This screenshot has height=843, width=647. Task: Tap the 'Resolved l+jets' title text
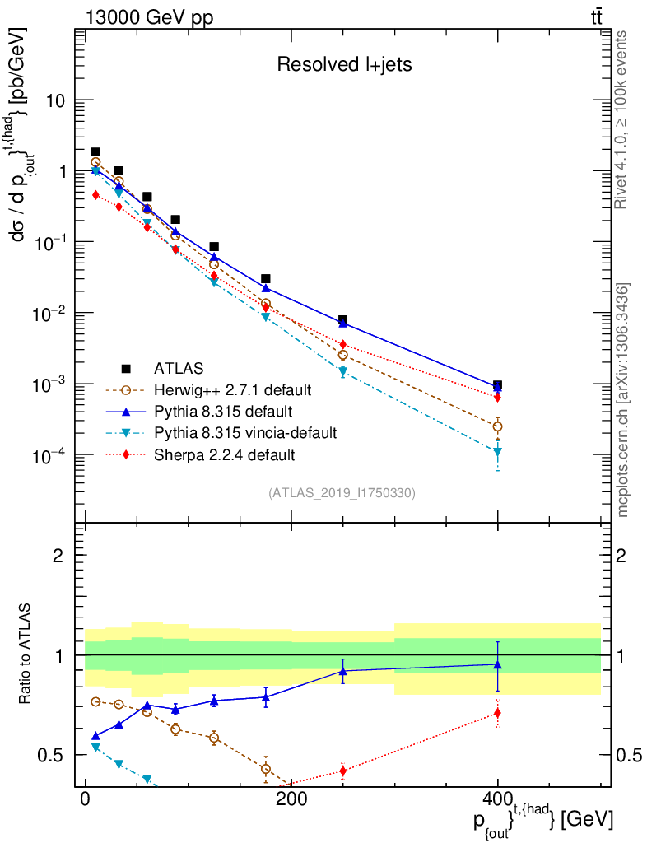pos(333,64)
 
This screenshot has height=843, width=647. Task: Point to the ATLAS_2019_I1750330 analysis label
pos(342,493)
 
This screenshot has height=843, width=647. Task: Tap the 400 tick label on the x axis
pos(497,800)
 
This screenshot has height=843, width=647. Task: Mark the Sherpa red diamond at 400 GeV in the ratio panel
pos(497,713)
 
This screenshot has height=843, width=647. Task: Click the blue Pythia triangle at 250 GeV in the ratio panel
pos(343,671)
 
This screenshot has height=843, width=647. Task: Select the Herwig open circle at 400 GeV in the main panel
pos(497,426)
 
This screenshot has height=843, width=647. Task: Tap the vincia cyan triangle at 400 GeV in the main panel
pos(497,452)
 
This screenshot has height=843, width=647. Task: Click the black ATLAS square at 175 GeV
pos(266,279)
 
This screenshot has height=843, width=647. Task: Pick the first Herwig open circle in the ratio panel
pos(95,701)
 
